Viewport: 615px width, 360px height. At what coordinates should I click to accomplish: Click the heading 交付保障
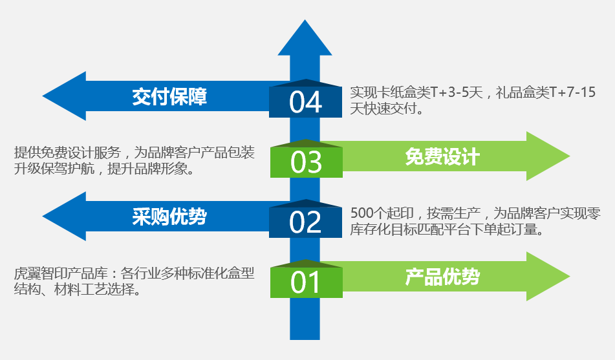coord(169,96)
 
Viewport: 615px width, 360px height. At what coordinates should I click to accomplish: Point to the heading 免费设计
coord(442,157)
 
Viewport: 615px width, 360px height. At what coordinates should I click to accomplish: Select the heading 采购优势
coord(169,217)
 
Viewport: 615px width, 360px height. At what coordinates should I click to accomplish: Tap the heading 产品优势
coord(442,277)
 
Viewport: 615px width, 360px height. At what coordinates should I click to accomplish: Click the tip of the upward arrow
coord(305,20)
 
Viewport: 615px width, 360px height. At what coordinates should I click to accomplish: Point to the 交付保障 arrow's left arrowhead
coord(43,96)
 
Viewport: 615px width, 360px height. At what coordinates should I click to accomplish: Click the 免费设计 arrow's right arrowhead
coord(570,156)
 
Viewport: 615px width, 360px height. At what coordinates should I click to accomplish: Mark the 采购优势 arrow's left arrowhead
coord(43,216)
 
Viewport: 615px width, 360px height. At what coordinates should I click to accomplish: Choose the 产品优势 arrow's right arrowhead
coord(570,277)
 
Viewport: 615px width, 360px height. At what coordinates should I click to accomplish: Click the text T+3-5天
coord(457,92)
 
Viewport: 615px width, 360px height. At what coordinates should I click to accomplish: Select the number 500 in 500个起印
coord(361,213)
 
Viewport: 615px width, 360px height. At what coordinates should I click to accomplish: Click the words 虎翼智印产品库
coord(61,273)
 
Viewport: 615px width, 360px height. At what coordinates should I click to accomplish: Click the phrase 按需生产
coord(454,213)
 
